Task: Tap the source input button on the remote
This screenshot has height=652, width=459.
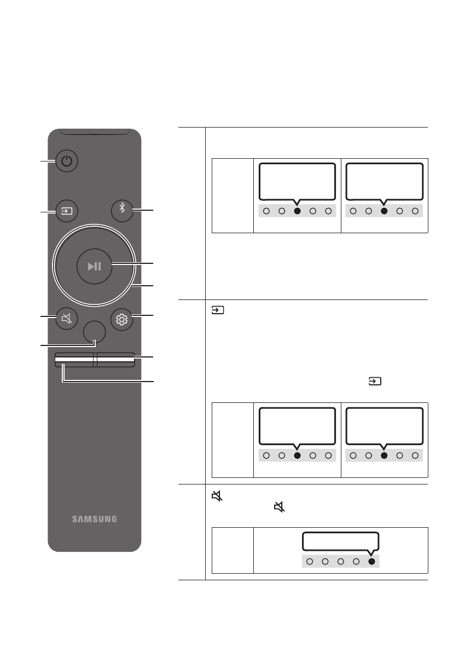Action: click(x=67, y=210)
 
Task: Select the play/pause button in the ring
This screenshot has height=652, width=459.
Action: click(x=94, y=267)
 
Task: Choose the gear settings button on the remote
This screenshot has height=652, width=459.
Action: click(x=121, y=319)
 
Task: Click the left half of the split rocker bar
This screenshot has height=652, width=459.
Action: click(x=74, y=360)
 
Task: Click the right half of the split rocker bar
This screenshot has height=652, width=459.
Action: click(x=114, y=360)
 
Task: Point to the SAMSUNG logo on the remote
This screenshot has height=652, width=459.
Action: click(x=94, y=519)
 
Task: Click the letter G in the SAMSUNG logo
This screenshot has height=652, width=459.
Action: click(x=113, y=519)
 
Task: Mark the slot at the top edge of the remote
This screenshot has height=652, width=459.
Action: click(x=94, y=131)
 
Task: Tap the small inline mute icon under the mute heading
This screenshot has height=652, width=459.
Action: click(x=280, y=508)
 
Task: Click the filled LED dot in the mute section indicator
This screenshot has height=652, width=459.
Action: click(x=372, y=561)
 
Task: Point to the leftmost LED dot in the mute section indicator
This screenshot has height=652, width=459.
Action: click(x=310, y=561)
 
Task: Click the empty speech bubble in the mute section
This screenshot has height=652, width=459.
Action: click(x=340, y=540)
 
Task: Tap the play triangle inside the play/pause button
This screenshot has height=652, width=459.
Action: click(x=91, y=267)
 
